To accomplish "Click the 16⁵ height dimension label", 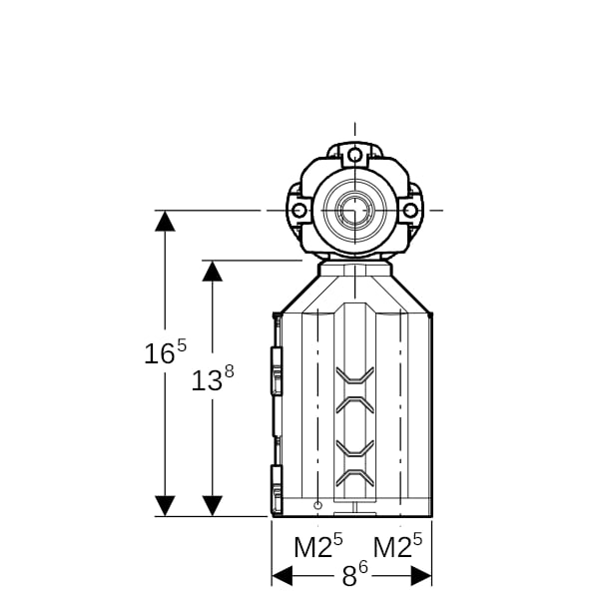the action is [x=165, y=351].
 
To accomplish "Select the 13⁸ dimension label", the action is [x=213, y=378].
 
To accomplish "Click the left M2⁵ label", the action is [x=318, y=546].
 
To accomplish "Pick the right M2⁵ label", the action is [x=397, y=546].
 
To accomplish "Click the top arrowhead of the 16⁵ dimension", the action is [x=165, y=222].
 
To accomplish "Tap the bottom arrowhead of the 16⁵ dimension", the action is [x=165, y=506].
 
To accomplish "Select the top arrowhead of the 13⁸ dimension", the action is [x=213, y=272].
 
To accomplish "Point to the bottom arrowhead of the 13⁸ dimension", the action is [x=213, y=506].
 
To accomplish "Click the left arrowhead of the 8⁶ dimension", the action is [x=282, y=576].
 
